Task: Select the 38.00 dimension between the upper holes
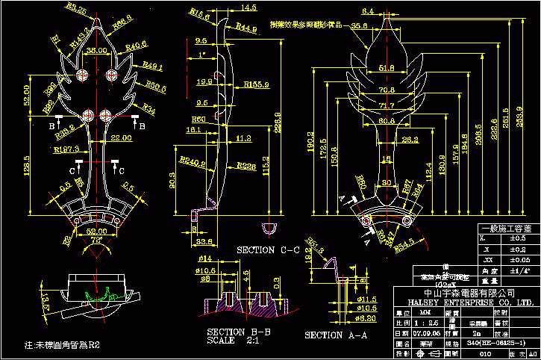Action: click(97, 51)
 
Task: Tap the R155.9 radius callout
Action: click(257, 85)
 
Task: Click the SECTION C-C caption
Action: click(266, 249)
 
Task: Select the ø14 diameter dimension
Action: click(205, 258)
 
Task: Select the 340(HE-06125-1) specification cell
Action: click(490, 342)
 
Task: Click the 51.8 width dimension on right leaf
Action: click(387, 68)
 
